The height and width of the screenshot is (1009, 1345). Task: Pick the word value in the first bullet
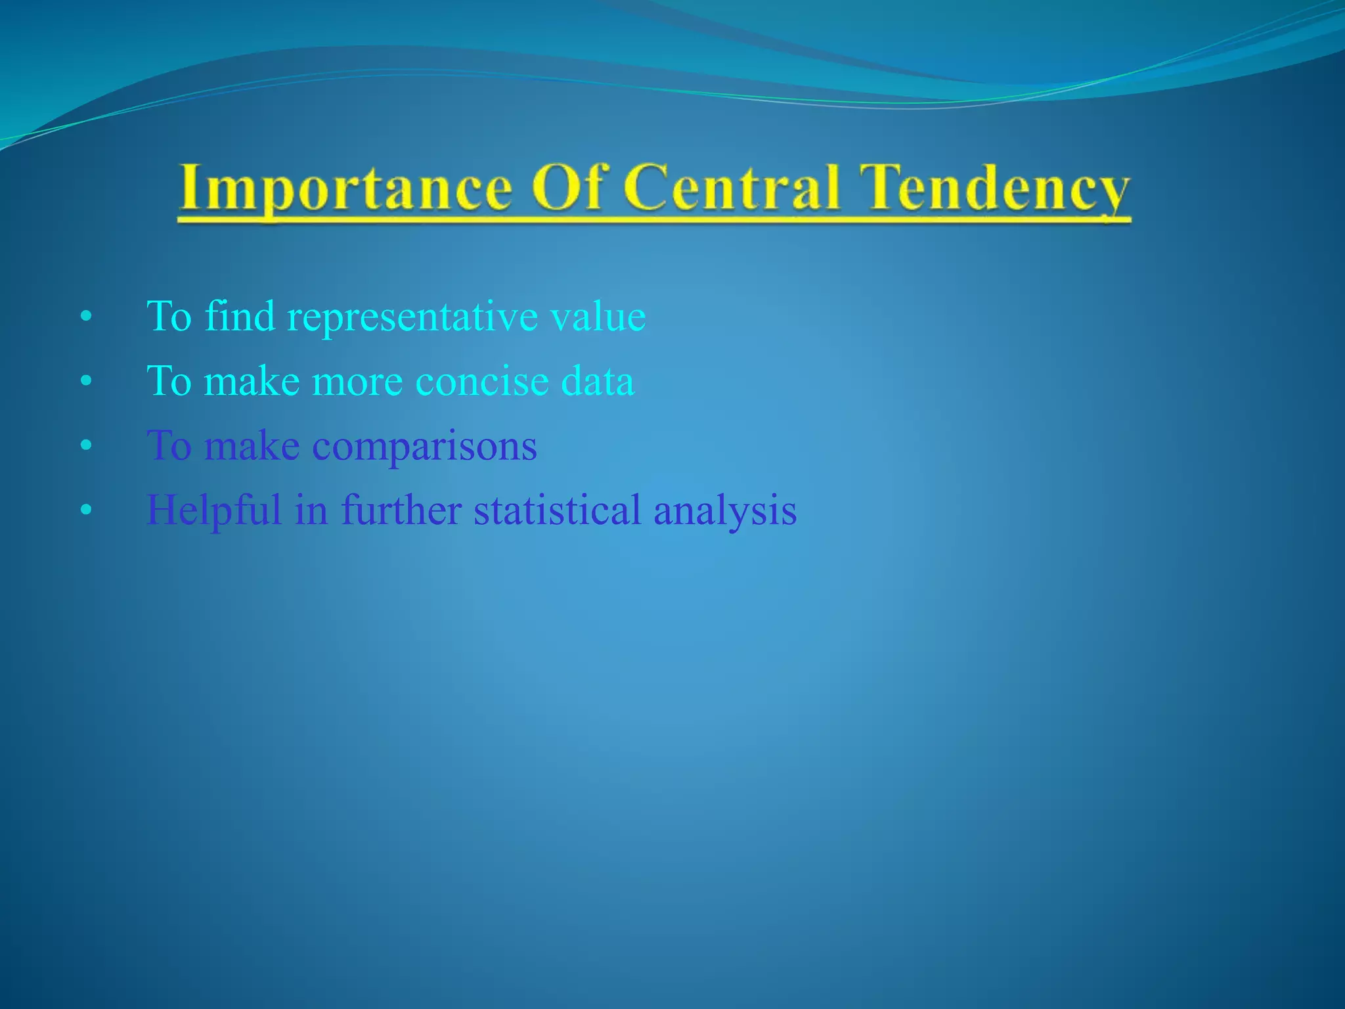tap(598, 317)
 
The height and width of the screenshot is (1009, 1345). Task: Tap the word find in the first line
tap(239, 316)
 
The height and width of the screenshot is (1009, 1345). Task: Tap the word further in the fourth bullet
tap(401, 510)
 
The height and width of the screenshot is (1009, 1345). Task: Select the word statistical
tap(557, 510)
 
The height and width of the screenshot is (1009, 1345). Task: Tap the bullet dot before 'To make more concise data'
tap(85, 382)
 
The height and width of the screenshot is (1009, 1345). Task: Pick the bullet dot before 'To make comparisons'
tap(85, 446)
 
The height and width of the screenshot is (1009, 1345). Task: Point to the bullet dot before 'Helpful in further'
tap(85, 510)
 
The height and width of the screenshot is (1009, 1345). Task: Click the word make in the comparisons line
tap(252, 446)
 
